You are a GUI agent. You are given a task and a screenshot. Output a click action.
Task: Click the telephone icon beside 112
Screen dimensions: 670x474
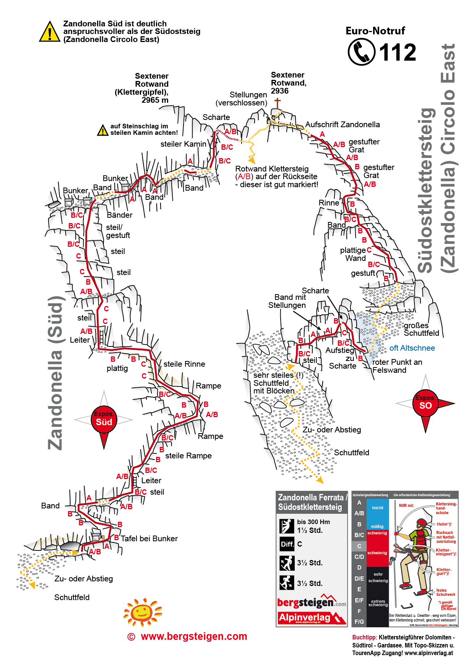(x=361, y=52)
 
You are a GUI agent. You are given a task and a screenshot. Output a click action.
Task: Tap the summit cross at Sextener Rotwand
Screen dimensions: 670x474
(x=277, y=103)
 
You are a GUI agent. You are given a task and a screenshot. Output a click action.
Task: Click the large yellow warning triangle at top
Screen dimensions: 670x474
(x=50, y=32)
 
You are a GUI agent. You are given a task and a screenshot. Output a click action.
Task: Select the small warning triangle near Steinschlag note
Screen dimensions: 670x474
(x=102, y=130)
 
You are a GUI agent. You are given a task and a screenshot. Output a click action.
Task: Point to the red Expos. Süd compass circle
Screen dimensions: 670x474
(x=104, y=419)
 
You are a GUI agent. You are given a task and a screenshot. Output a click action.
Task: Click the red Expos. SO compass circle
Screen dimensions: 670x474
(x=425, y=403)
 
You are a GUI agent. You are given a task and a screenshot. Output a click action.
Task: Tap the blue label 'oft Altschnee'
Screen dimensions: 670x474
(x=412, y=348)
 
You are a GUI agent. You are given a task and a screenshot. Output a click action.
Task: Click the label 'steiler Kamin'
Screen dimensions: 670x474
(x=183, y=144)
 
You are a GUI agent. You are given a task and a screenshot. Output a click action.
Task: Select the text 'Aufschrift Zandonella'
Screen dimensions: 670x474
(x=343, y=125)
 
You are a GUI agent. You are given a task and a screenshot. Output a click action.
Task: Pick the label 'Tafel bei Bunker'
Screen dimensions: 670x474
(x=149, y=539)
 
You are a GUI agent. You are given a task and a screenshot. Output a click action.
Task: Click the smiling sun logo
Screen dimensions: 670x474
(x=143, y=612)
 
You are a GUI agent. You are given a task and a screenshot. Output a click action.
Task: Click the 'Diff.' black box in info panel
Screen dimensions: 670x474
(x=287, y=544)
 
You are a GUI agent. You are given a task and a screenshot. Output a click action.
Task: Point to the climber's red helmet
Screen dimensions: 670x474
(x=421, y=523)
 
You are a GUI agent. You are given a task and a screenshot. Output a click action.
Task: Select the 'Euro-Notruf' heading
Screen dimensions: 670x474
(x=375, y=31)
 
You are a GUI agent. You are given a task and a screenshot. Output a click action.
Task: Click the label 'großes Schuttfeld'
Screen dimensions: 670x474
(x=421, y=329)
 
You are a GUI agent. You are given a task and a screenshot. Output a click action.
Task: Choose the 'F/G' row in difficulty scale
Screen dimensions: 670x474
(x=359, y=622)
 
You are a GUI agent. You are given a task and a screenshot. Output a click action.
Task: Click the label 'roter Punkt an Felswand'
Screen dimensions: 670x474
(x=397, y=366)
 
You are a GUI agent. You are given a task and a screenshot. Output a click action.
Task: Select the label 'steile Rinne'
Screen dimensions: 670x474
(x=184, y=364)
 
